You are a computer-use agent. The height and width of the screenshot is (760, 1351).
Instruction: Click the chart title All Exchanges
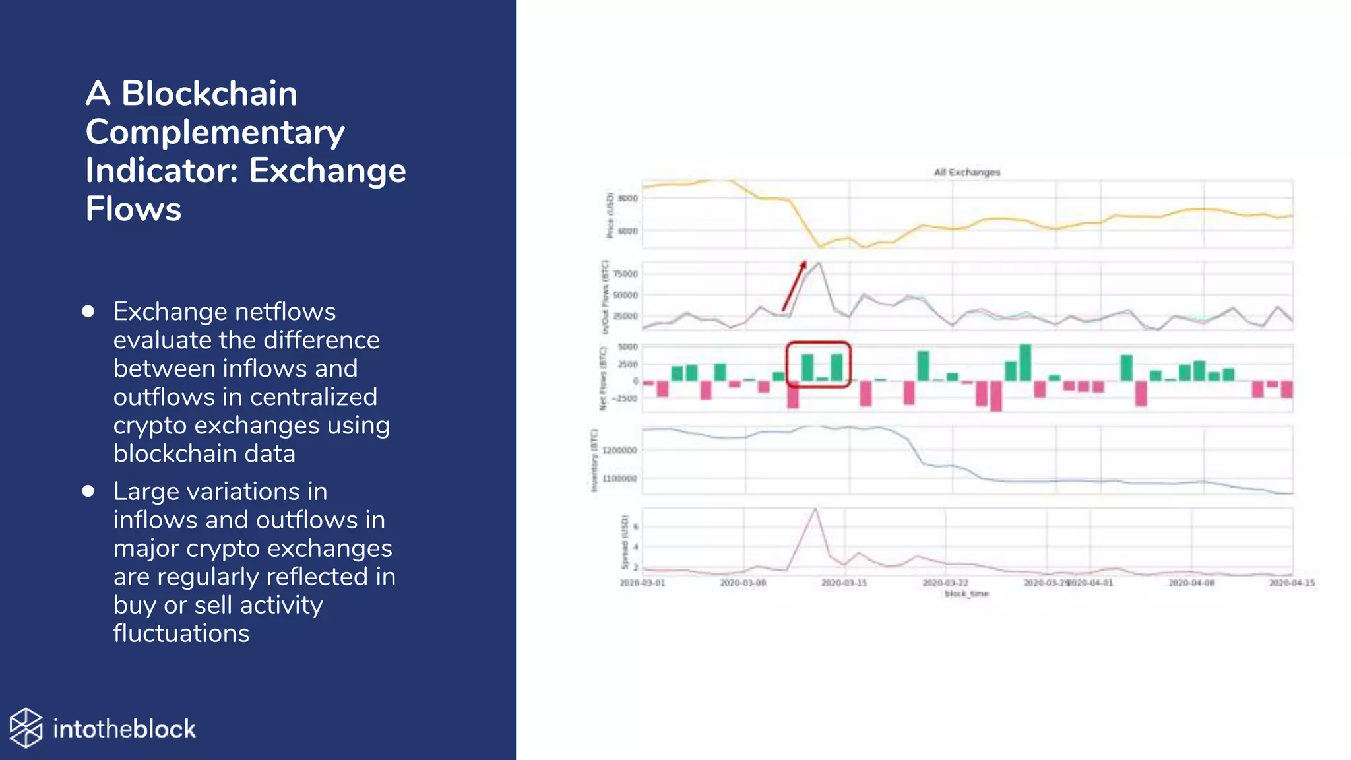click(966, 172)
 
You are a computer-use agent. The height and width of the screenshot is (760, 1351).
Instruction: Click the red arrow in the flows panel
click(794, 286)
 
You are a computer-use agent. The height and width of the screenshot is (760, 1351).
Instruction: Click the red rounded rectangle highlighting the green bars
click(818, 344)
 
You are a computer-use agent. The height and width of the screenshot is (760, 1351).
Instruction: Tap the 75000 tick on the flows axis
click(625, 274)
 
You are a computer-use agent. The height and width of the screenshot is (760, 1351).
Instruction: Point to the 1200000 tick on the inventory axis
click(619, 451)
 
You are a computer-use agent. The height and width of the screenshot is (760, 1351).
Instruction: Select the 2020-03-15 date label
click(844, 583)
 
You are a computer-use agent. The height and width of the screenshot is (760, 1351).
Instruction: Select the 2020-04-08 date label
click(1191, 583)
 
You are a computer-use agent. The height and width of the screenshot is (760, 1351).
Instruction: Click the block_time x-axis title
click(966, 594)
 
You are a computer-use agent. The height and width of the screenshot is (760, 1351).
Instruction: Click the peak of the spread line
click(816, 509)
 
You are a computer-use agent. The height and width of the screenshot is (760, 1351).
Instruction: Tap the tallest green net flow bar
click(1025, 362)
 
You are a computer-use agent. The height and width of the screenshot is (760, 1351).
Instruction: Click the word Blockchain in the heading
click(209, 93)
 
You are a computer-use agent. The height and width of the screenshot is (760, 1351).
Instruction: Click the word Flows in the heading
click(133, 209)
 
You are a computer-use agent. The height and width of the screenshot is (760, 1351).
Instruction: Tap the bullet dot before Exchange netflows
click(88, 311)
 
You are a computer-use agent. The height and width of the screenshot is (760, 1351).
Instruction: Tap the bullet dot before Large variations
click(88, 491)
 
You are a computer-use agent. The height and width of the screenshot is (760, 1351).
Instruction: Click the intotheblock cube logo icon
click(26, 728)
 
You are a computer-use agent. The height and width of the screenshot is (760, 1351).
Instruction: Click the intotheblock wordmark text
click(124, 729)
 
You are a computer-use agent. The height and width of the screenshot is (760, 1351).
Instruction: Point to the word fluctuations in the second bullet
click(181, 633)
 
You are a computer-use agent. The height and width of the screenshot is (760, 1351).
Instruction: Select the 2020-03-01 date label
click(643, 583)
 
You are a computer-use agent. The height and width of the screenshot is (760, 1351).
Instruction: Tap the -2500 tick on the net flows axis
click(625, 398)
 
